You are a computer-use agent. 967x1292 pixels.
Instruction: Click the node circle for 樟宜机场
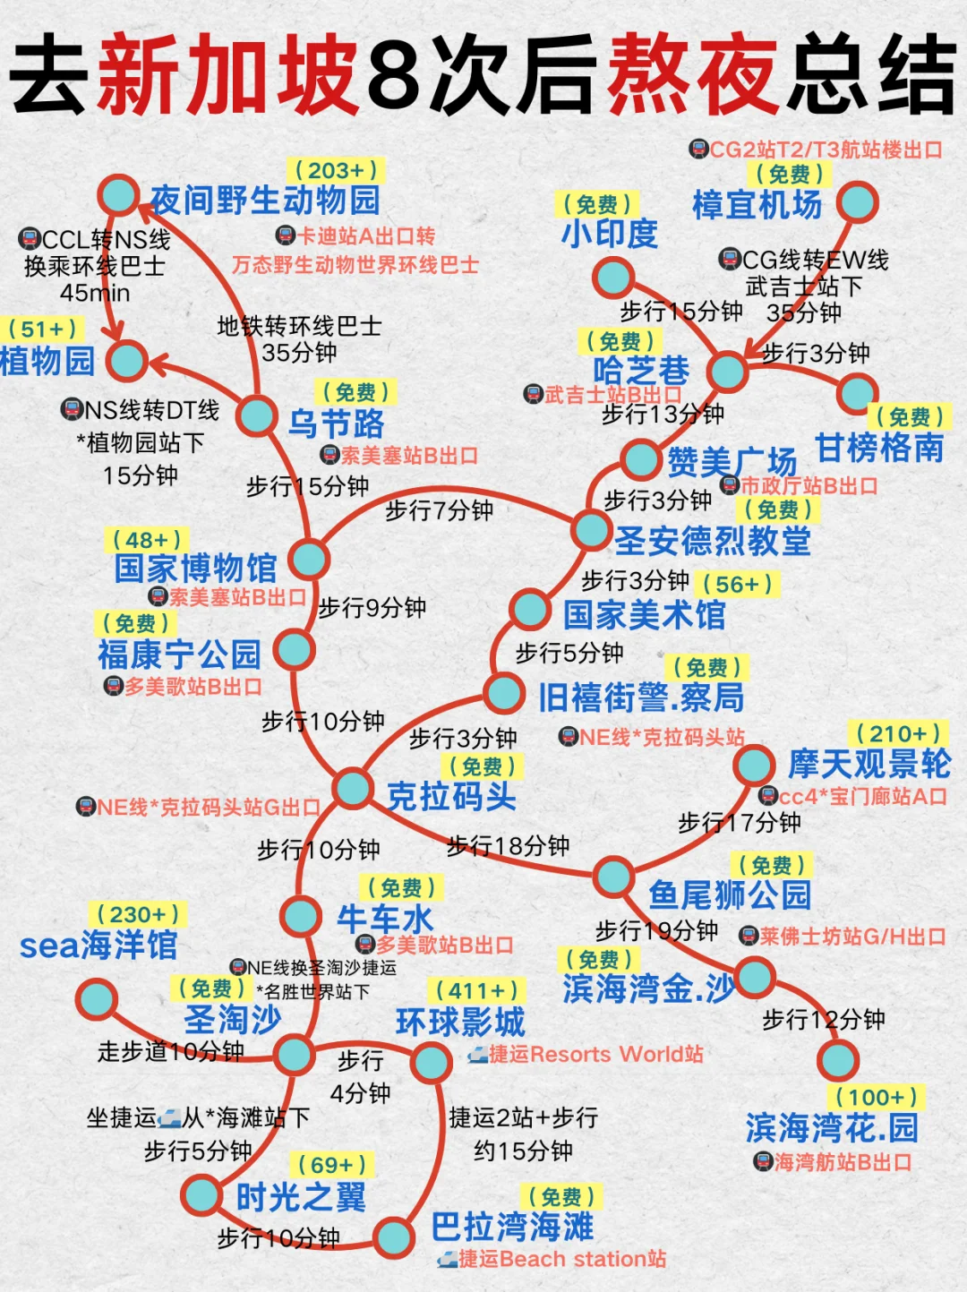pos(857,202)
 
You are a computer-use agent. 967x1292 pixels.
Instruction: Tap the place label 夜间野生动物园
pos(265,200)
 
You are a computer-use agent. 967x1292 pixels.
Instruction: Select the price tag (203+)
pos(336,170)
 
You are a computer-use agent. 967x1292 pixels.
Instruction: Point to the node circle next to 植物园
pos(126,360)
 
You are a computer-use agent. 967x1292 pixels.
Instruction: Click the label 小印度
pos(610,234)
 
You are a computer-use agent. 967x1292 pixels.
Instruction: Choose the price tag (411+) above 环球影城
pos(477,990)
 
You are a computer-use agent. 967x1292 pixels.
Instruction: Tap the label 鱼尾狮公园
pos(730,894)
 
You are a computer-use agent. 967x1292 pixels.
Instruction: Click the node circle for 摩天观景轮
pos(753,766)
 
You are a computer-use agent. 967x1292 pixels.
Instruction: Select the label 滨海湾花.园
pos(832,1128)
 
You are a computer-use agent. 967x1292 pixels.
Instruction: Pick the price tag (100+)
pos(876,1097)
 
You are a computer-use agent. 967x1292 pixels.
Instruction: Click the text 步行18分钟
pos(508,845)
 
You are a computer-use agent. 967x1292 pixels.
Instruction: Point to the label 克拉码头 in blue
pos(451,796)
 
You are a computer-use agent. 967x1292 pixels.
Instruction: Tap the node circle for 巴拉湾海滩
pos(393,1237)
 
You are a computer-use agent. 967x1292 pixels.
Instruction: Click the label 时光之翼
pos(301,1197)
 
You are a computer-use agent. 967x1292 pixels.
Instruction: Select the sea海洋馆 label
pos(98,945)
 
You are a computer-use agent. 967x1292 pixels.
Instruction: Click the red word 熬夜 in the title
pos(693,75)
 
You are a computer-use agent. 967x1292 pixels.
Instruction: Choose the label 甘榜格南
pos(879,448)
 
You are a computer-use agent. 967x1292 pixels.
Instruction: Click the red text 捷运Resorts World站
pos(595,1054)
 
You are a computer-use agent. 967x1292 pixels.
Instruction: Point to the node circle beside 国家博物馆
pos(310,560)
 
